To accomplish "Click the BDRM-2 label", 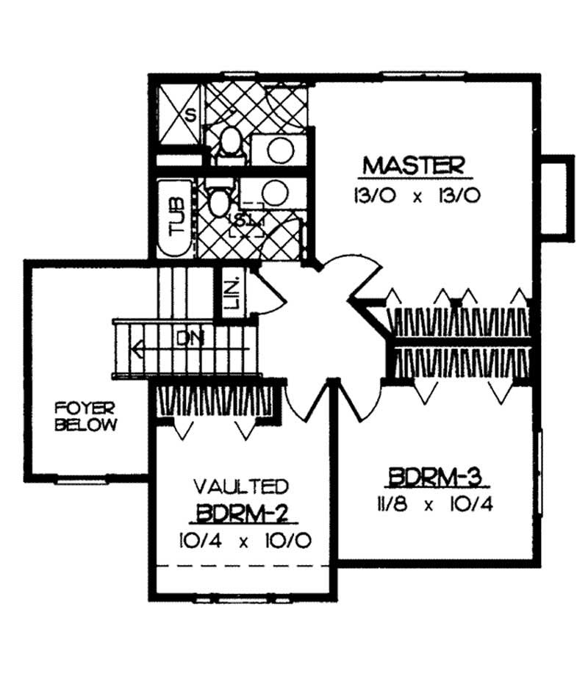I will pos(240,512).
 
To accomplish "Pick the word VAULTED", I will pos(240,486).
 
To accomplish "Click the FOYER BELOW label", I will pos(87,416).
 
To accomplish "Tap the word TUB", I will pos(177,217).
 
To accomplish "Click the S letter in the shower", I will pos(190,115).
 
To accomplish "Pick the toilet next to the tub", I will pos(219,201).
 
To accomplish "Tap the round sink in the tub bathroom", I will pos(275,193).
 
